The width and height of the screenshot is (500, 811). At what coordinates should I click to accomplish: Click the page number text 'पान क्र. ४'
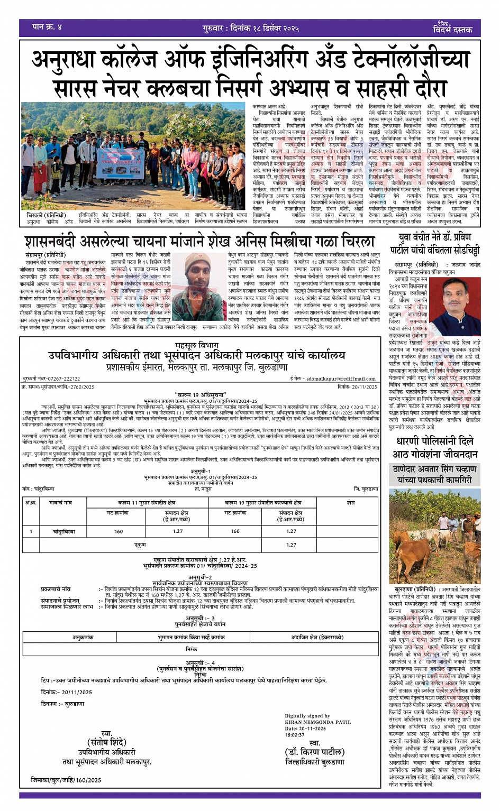47,27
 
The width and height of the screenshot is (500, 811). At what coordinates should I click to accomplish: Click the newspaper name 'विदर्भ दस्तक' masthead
452,29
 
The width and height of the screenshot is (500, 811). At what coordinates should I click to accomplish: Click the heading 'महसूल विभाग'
196,345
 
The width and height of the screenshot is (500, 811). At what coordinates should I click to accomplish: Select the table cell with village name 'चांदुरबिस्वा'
64,531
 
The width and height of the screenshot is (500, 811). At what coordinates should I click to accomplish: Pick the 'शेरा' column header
351,503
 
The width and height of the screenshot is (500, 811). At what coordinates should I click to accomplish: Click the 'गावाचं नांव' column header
60,503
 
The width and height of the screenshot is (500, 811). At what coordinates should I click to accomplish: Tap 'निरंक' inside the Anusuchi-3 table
192,649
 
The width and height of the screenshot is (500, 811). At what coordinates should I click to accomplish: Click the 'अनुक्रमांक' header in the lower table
83,638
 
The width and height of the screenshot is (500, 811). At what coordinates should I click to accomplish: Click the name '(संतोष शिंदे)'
107,743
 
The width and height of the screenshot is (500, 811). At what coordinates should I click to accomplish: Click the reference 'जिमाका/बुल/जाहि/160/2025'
66,780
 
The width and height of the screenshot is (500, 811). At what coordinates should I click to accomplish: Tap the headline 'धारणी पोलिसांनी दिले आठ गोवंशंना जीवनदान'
435,447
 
